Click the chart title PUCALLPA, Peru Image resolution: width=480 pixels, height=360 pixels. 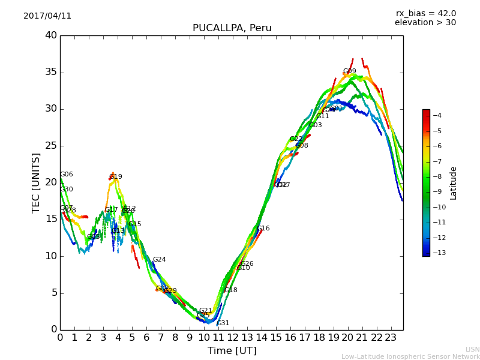tap(232, 28)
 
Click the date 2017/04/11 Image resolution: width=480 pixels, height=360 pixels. tap(47, 16)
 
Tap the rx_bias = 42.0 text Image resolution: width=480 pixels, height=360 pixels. tap(425, 13)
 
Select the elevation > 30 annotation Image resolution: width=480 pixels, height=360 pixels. tap(425, 23)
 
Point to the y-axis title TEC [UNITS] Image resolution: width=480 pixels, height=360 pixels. tap(36, 182)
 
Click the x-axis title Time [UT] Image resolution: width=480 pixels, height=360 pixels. tap(232, 351)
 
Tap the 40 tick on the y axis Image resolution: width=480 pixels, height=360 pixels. tap(51, 35)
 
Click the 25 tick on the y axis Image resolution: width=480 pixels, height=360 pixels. tap(51, 146)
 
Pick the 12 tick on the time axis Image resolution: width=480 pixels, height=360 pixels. tap(233, 337)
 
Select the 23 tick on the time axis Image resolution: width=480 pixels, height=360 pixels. tap(391, 337)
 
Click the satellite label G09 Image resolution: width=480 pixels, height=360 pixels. tap(349, 71)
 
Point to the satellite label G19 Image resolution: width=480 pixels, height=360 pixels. tap(115, 177)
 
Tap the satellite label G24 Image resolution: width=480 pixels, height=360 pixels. tap(159, 260)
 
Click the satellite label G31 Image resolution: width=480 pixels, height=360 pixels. tap(223, 323)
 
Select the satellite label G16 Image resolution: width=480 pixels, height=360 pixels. tap(263, 229)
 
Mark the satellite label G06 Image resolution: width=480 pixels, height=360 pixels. tap(66, 175)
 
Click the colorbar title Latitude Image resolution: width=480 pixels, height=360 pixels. tap(454, 182)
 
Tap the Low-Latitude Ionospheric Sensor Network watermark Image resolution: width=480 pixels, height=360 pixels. tap(410, 356)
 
